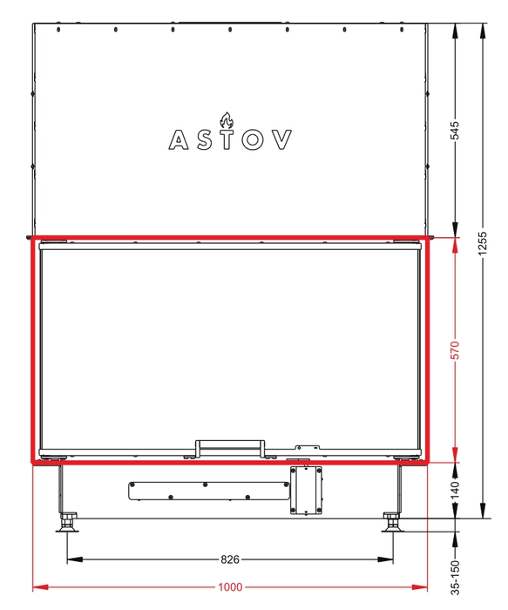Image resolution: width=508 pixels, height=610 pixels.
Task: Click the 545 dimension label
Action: [x=454, y=131]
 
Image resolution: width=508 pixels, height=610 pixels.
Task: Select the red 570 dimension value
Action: [x=454, y=350]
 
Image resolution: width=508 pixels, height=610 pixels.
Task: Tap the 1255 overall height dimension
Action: [x=482, y=244]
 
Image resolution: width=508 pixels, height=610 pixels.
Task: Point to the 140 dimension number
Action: [x=454, y=490]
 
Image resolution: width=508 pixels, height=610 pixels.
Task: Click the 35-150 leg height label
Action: [x=454, y=577]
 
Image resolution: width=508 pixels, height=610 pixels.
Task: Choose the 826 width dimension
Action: [x=230, y=559]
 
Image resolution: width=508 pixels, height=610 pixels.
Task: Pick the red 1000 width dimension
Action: [x=230, y=586]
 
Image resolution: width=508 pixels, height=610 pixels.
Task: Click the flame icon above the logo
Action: [x=227, y=120]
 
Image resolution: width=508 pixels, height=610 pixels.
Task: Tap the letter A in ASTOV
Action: [x=179, y=139]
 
